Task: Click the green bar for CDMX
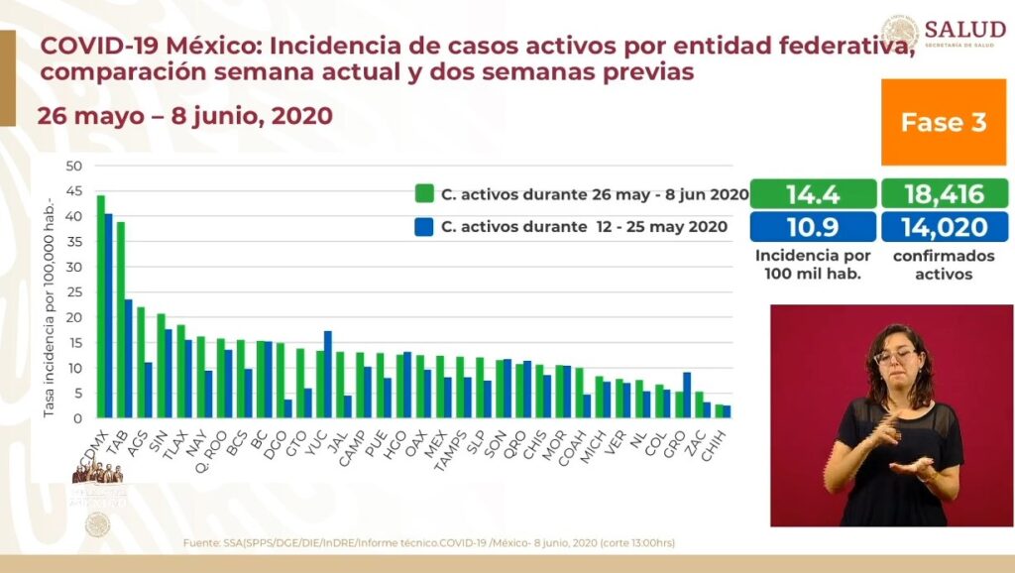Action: click(x=100, y=306)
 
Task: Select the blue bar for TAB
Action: click(x=128, y=358)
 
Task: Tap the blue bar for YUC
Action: click(x=328, y=374)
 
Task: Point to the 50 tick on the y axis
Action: click(x=74, y=166)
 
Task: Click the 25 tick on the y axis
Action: click(x=74, y=291)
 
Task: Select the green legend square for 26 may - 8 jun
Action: click(x=424, y=194)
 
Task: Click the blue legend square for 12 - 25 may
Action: click(x=424, y=226)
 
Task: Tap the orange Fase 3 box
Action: click(x=943, y=122)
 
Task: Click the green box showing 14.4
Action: click(x=813, y=193)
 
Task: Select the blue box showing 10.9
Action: click(x=813, y=226)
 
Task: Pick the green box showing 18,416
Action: click(x=943, y=193)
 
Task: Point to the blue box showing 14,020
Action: click(x=943, y=226)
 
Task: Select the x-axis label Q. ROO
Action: click(x=215, y=443)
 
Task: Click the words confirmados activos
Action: click(x=943, y=265)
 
